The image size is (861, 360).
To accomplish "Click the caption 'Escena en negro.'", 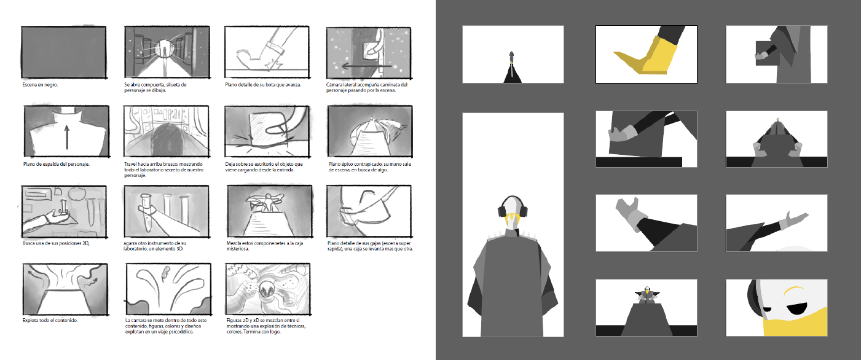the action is tap(40, 84).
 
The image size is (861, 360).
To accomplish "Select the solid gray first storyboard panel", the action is tap(64, 52).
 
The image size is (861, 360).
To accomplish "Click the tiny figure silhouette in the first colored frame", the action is tap(511, 58).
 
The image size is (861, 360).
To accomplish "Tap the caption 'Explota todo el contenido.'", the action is tap(50, 321).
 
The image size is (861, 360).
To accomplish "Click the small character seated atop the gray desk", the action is tap(646, 295).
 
